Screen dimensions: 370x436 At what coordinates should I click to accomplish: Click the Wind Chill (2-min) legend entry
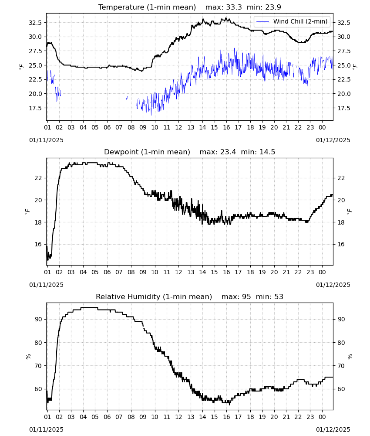tap(292, 21)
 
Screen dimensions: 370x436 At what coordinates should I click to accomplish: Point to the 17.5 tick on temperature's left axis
tap(35, 108)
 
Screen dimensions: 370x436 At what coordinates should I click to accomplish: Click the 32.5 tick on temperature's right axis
tap(343, 23)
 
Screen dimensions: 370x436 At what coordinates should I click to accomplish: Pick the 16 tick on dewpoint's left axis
tap(38, 245)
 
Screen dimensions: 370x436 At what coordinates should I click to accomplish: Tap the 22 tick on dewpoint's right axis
tap(341, 178)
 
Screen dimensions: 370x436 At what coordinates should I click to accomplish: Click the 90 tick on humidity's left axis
tap(38, 319)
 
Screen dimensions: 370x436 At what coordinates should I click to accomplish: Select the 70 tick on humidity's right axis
tap(341, 366)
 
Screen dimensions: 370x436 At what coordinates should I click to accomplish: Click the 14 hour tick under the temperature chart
tap(202, 127)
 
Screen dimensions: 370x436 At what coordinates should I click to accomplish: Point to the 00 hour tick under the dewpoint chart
tap(322, 272)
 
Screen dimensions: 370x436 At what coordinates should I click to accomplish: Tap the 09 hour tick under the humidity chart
tap(143, 417)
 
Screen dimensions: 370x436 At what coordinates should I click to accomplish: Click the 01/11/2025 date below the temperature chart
tap(46, 140)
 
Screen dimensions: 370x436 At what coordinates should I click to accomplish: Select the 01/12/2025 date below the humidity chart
tap(333, 429)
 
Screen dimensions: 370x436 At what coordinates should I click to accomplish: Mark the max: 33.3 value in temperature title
tap(224, 7)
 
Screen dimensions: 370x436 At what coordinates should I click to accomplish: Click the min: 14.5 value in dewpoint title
tap(258, 152)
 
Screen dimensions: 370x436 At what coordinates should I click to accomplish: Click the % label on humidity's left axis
tap(28, 357)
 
